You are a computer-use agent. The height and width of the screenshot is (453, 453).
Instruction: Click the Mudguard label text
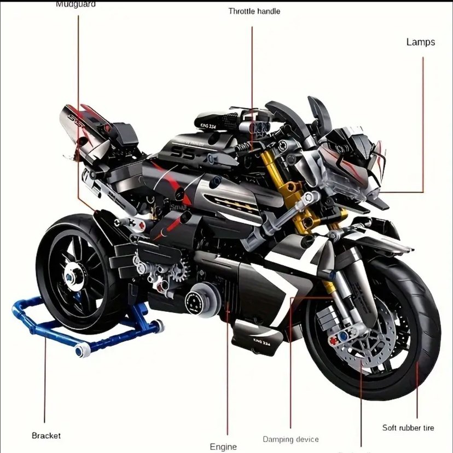(75, 4)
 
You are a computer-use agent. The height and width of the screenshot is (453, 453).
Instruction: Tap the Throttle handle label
(254, 11)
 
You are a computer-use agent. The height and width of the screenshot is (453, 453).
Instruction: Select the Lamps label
(420, 42)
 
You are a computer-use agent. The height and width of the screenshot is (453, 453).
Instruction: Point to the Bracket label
(46, 435)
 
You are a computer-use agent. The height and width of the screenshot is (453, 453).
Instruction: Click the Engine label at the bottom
(223, 446)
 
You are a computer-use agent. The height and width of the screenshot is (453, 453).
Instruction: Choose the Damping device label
(291, 439)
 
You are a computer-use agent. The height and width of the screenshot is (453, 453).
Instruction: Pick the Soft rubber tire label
(408, 427)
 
